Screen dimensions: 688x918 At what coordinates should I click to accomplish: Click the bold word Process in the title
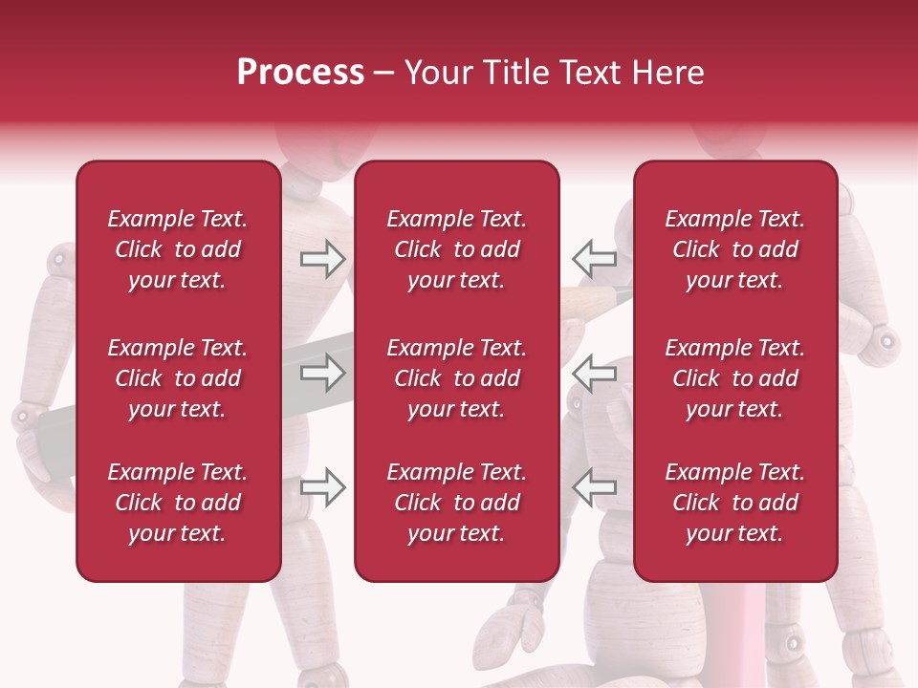click(300, 73)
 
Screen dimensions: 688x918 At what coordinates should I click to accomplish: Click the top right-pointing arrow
click(322, 258)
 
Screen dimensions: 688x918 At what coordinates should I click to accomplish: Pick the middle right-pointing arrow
click(322, 373)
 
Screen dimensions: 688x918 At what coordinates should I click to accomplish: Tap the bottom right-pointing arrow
click(322, 487)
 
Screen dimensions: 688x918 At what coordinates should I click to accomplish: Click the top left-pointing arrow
click(594, 258)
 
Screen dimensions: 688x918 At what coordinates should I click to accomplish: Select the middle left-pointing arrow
click(594, 373)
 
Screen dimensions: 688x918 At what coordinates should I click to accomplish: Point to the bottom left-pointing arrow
click(594, 487)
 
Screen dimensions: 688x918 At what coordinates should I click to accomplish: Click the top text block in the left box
click(178, 249)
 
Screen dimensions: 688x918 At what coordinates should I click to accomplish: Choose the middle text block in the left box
click(178, 378)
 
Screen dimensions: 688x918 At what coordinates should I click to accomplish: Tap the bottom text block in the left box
click(178, 503)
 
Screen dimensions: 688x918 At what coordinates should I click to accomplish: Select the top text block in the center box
click(456, 249)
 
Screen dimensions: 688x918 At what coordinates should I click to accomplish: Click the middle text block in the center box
click(456, 378)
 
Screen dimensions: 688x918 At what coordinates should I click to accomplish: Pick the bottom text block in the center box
click(456, 503)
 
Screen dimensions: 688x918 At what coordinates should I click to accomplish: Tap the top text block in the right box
click(735, 249)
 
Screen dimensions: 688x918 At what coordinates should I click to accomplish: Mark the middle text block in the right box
click(735, 378)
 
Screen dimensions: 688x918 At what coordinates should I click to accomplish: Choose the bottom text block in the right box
click(735, 503)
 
